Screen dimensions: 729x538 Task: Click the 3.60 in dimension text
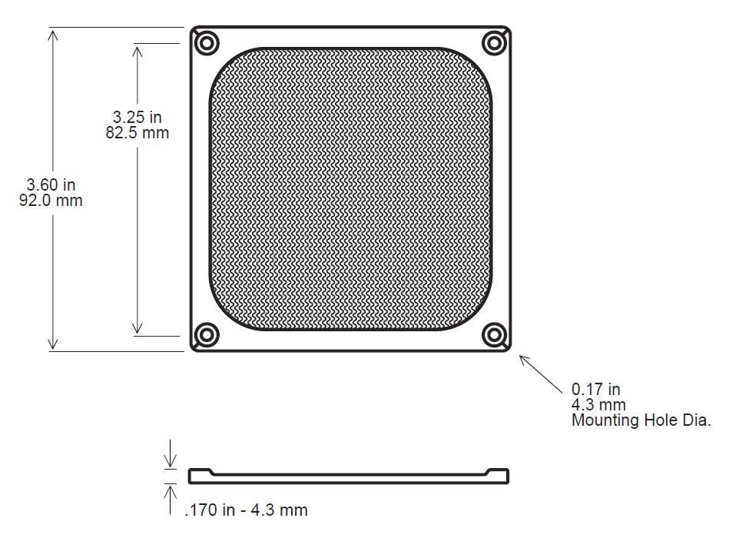tap(51, 184)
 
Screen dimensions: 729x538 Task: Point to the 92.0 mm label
tap(51, 201)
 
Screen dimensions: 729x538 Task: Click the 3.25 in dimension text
tap(138, 117)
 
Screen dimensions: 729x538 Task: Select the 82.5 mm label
tap(138, 132)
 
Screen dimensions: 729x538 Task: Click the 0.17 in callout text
tap(595, 389)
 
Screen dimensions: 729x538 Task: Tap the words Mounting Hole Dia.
tap(641, 420)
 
